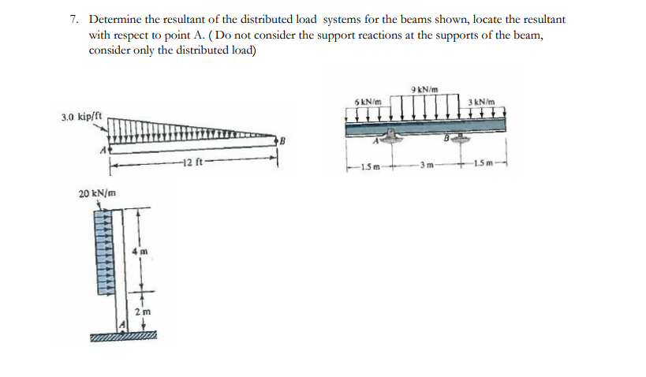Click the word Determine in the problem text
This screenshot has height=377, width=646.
click(x=116, y=19)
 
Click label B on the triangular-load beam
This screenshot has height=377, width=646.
click(x=279, y=140)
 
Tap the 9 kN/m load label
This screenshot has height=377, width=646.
click(x=425, y=87)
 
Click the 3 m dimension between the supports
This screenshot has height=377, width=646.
click(x=428, y=165)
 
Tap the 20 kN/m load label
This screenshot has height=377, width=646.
click(x=99, y=193)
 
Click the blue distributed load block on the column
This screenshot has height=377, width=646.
click(x=101, y=252)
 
